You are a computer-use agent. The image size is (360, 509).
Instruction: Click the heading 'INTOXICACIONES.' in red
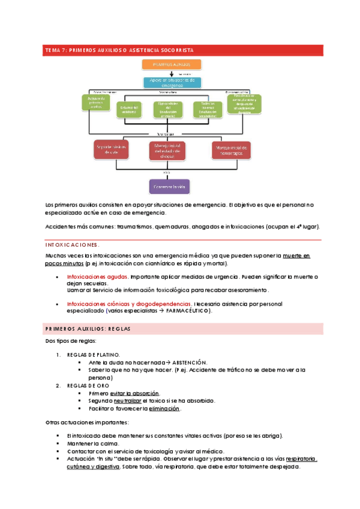click(x=72, y=245)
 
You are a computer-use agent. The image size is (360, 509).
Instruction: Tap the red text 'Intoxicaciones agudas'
click(x=97, y=277)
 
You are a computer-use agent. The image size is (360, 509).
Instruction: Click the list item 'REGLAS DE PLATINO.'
click(x=93, y=355)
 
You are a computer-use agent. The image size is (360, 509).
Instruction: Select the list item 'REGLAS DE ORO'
click(x=88, y=385)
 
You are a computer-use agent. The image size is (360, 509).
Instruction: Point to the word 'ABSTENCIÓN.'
click(x=190, y=363)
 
